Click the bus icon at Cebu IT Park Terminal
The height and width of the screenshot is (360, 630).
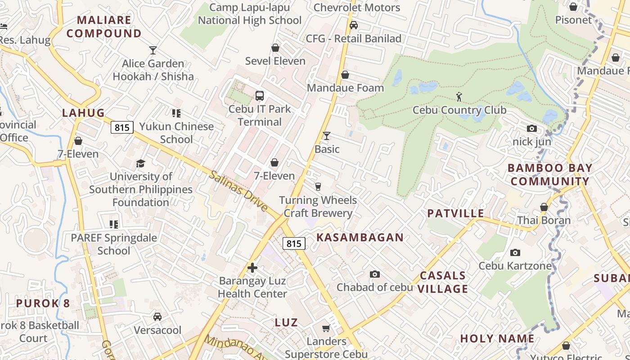tap(260, 95)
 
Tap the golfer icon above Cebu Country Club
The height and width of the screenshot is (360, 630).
tap(459, 96)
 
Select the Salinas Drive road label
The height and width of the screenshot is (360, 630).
tap(238, 191)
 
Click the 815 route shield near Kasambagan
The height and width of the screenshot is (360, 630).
tap(294, 243)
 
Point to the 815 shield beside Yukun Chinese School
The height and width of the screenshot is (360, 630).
tap(122, 127)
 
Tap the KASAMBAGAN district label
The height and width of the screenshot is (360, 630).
tap(360, 238)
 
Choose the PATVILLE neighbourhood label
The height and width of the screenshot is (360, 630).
tap(455, 213)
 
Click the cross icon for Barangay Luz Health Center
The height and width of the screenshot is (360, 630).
tap(252, 268)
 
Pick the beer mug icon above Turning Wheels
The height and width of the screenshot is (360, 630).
tap(318, 186)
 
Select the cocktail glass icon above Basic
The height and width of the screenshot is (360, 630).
tap(327, 135)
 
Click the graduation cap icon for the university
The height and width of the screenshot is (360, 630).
tap(141, 163)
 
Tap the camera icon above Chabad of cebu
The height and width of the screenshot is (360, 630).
tap(374, 274)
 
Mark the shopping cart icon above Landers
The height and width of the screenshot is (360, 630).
tap(326, 328)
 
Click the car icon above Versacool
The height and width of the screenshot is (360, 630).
tap(157, 317)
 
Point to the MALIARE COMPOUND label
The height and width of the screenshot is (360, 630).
tap(104, 27)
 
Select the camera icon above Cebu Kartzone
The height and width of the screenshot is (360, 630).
tap(515, 252)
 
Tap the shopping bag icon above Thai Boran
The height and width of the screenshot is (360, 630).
tap(544, 207)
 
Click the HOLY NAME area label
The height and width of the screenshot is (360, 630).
tap(497, 338)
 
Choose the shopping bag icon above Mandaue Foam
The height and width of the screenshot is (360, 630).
tap(345, 75)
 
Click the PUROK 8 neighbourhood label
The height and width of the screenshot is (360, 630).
tap(43, 303)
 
